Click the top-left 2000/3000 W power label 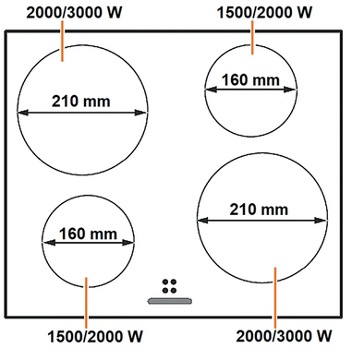[74, 13]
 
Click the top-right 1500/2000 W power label [264, 13]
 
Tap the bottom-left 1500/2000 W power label [95, 337]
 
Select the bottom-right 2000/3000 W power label [284, 336]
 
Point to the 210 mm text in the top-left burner [81, 102]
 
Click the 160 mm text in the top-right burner [250, 80]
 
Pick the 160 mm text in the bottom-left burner [88, 234]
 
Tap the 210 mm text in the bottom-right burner [259, 210]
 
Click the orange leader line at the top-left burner [63, 41]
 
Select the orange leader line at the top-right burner [252, 38]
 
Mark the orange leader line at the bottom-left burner [86, 303]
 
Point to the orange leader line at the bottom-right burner [275, 297]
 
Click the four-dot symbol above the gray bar [169, 286]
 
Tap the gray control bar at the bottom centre [170, 301]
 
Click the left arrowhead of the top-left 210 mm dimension [23, 113]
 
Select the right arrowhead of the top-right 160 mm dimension [290, 90]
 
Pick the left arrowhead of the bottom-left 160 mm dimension [49, 243]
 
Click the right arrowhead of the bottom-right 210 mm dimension [320, 220]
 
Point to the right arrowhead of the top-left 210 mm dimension [140, 113]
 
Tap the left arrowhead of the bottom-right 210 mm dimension [203, 220]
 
